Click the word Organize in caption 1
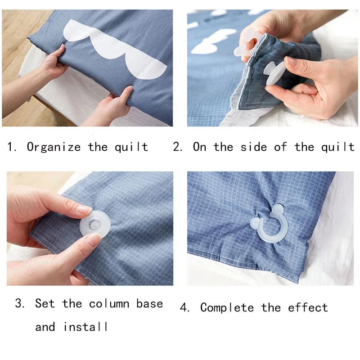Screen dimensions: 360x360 (54, 147)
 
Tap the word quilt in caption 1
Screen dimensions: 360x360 (131, 147)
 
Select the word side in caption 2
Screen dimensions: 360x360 (254, 147)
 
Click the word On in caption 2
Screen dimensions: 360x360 (199, 147)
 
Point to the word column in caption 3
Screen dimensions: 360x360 (109, 304)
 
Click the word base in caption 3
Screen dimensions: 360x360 (149, 303)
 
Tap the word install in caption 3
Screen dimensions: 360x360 (85, 327)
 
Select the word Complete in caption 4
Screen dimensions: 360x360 (227, 308)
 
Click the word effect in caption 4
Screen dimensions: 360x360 (308, 308)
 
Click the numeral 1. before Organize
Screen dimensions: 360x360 (12, 147)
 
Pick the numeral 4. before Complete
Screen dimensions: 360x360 (184, 308)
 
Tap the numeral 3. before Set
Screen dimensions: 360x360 (20, 303)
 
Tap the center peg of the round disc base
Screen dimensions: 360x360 (94, 225)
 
